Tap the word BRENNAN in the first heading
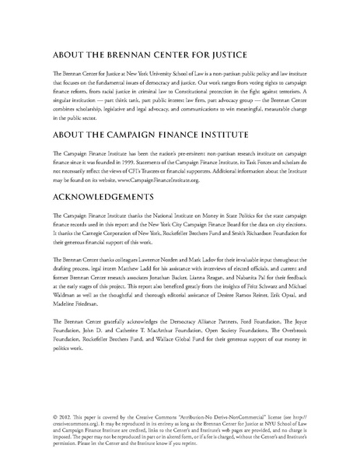[x=138, y=55]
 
